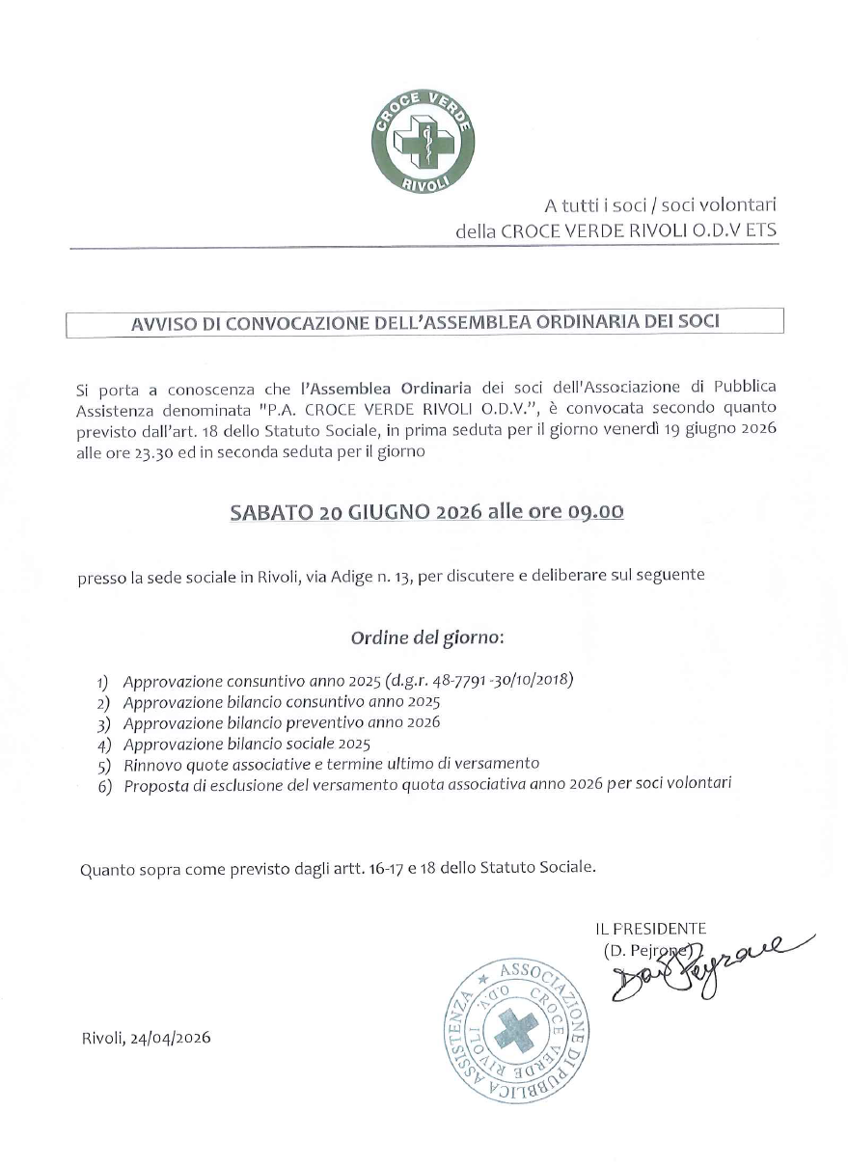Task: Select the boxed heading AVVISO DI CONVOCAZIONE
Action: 424,322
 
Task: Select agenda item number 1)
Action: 103,681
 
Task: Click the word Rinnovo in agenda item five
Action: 152,764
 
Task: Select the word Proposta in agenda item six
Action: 156,785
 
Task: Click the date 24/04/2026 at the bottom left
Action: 168,1038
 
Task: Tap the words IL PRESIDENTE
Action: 650,929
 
